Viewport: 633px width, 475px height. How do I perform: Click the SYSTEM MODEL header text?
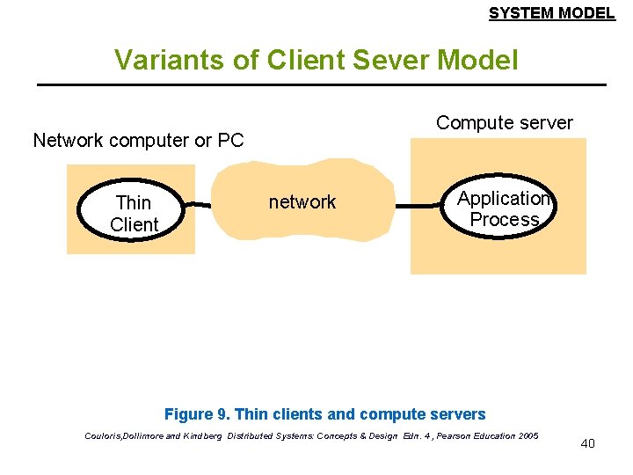(551, 12)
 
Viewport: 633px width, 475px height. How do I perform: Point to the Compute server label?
(504, 123)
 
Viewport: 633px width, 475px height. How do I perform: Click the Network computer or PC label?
(138, 140)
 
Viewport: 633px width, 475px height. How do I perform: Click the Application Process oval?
(503, 208)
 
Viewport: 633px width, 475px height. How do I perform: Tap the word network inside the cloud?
(302, 202)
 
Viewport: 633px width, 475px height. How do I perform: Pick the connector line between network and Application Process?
(417, 206)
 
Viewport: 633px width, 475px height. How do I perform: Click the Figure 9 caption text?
(324, 414)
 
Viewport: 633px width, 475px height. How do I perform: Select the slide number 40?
(587, 443)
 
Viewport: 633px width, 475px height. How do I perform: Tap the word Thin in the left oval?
(134, 203)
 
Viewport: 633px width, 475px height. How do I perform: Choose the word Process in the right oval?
(504, 220)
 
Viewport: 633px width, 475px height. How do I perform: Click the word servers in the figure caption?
(459, 414)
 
